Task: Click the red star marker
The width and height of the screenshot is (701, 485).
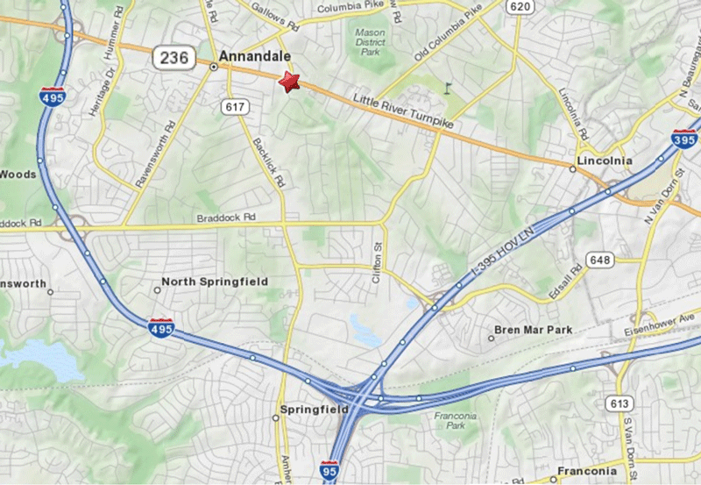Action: click(288, 82)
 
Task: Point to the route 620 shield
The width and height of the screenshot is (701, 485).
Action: click(520, 7)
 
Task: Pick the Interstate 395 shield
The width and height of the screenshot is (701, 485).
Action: click(684, 138)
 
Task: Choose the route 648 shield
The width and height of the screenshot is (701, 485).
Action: click(601, 260)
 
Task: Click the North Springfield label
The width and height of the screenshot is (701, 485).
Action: click(215, 282)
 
